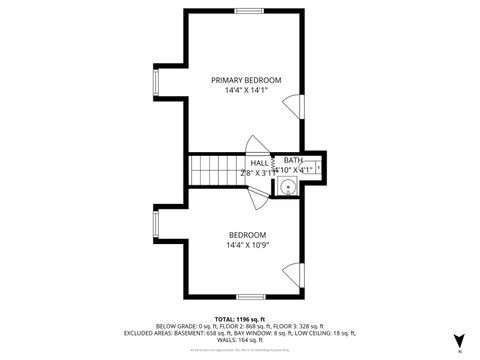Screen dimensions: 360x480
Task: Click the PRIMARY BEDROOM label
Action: [246, 80]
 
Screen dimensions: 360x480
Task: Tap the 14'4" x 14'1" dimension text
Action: [246, 91]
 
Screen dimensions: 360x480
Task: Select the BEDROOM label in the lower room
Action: [246, 234]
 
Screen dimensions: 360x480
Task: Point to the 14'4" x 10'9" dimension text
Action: [246, 245]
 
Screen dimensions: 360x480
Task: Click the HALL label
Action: [259, 162]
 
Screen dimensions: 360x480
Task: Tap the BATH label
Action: [292, 160]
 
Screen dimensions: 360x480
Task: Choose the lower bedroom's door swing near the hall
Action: [258, 196]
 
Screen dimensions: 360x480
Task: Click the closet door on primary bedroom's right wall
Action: [292, 104]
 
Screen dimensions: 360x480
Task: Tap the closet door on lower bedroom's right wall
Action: [292, 271]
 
